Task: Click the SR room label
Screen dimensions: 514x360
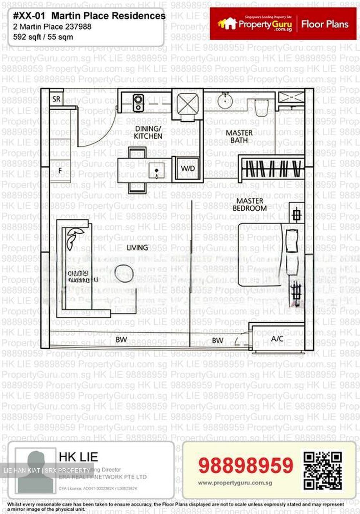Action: [x=56, y=99]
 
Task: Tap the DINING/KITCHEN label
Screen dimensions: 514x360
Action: [x=148, y=132]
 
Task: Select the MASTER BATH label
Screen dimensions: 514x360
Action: [x=239, y=136]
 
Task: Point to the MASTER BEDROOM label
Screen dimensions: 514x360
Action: [x=250, y=205]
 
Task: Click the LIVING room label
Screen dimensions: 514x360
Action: [x=137, y=247]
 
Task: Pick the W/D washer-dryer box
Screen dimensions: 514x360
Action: [x=188, y=168]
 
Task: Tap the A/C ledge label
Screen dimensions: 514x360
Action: [x=277, y=338]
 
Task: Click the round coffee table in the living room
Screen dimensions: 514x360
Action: [x=124, y=274]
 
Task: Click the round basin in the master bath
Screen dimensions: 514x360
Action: [x=225, y=100]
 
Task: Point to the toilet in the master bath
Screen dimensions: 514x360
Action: [x=261, y=106]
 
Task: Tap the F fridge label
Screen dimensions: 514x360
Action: [x=60, y=171]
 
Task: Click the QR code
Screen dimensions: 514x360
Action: [x=322, y=470]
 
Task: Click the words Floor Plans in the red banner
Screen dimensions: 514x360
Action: [x=325, y=24]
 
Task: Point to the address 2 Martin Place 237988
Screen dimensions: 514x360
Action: [x=52, y=27]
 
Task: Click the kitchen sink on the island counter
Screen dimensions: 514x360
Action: [x=156, y=169]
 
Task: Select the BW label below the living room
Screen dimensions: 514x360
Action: [x=121, y=339]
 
